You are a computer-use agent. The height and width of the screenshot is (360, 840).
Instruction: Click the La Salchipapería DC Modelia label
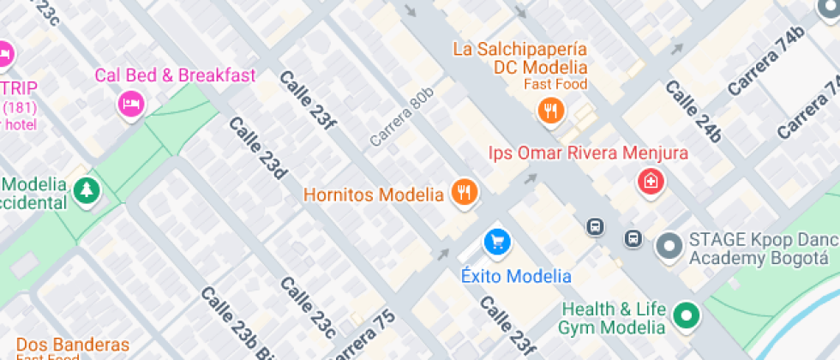pos(520,58)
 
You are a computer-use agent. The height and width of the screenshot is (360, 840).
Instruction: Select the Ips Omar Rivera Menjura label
pos(588,153)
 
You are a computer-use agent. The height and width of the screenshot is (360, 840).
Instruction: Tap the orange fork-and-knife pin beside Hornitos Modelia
pos(465,193)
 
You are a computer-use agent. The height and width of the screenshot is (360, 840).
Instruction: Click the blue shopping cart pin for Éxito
pos(496,242)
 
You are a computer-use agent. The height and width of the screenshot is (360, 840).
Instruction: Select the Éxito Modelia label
pos(516,276)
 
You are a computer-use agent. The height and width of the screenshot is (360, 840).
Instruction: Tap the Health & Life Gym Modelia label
pos(612,318)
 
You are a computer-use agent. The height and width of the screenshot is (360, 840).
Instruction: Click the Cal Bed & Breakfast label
pos(175,75)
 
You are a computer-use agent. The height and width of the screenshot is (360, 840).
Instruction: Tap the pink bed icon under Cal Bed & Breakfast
pos(130,104)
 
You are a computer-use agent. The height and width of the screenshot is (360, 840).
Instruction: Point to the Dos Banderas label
pos(72,345)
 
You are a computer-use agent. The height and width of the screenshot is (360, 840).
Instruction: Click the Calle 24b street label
pos(693,111)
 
